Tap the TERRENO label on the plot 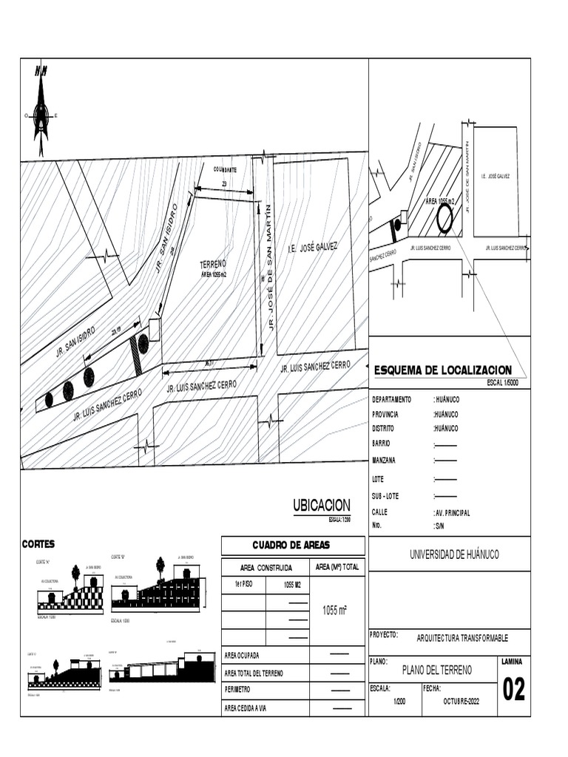[213, 264]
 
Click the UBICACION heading [321, 505]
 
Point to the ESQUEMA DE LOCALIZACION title [443, 370]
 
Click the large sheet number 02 [514, 690]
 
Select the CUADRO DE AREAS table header [293, 546]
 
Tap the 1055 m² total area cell [337, 611]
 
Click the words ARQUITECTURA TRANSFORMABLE [462, 639]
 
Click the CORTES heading [38, 544]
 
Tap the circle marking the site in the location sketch [445, 219]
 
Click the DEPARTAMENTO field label [391, 399]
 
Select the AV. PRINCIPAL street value [453, 512]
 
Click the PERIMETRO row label [242, 690]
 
